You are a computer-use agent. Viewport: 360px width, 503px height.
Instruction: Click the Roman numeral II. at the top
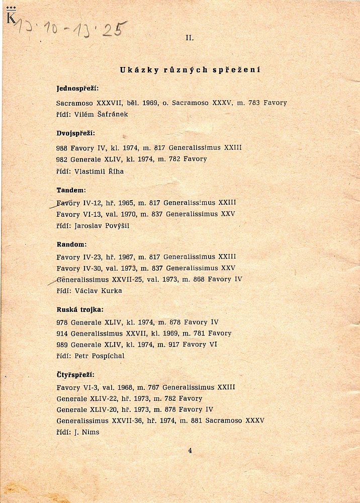(190, 38)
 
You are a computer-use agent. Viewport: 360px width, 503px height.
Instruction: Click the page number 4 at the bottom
(190, 450)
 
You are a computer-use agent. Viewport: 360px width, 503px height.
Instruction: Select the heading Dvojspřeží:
(75, 133)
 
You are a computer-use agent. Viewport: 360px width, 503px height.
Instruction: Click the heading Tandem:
(71, 190)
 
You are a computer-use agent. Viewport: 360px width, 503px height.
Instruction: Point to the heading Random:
(71, 244)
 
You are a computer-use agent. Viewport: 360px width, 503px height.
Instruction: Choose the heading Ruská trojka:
(80, 309)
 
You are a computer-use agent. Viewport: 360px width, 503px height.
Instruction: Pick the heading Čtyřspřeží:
(75, 375)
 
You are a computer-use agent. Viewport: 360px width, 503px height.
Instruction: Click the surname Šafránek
(112, 114)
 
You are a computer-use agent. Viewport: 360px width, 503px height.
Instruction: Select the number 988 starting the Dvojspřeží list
(62, 148)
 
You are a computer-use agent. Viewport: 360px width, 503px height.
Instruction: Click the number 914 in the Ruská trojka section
(62, 333)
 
